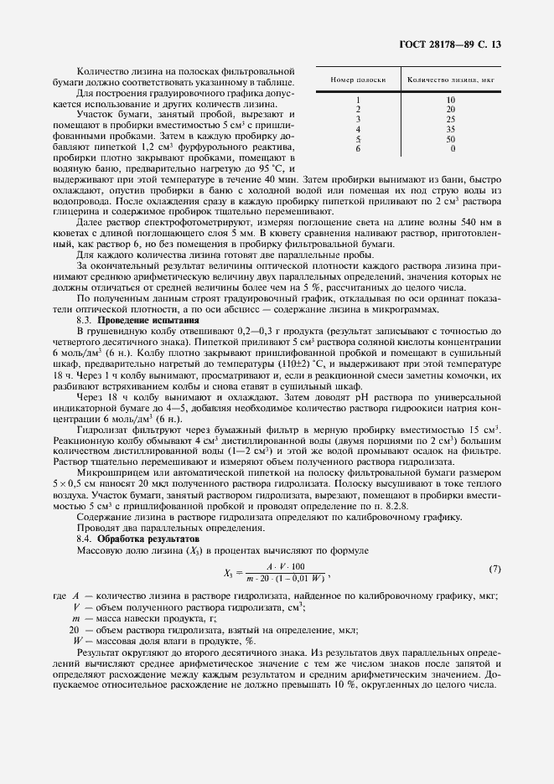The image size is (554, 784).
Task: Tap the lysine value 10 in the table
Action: pos(451,100)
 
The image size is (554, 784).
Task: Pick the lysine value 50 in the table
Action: pos(451,139)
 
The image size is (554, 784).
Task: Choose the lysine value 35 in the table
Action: pos(451,129)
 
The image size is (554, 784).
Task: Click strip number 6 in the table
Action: pos(358,148)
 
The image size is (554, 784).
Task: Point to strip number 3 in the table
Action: pos(358,119)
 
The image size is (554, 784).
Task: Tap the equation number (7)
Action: pos(494,570)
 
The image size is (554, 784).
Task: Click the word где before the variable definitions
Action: pos(59,596)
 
